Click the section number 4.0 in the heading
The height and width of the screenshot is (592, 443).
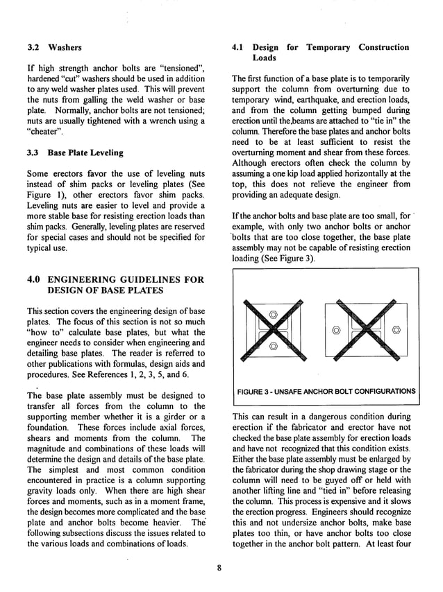point(35,279)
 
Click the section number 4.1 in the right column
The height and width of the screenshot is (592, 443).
point(240,47)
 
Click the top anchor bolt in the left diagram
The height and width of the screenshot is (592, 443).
point(273,314)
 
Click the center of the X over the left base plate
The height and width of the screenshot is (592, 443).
point(273,330)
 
